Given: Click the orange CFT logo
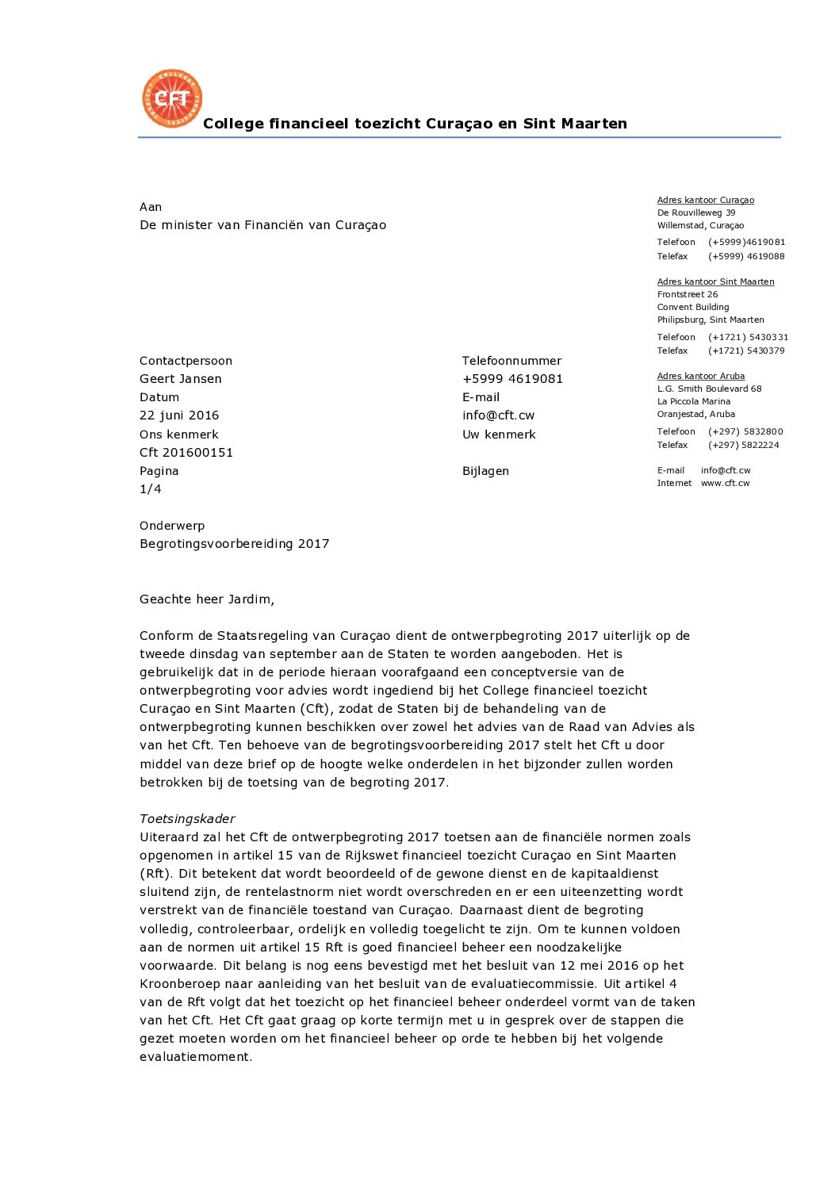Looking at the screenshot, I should (172, 98).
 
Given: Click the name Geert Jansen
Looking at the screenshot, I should (181, 379).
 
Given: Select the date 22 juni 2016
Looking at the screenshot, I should (179, 415).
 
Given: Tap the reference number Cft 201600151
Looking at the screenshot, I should (186, 453).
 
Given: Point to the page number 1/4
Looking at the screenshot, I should (151, 489).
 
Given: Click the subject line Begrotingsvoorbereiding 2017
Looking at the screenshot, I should (234, 544).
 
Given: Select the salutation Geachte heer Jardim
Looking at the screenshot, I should (207, 599).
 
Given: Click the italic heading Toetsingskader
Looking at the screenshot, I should (187, 819).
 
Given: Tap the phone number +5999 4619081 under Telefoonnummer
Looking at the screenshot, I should (512, 379).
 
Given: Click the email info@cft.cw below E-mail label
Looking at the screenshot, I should (498, 415).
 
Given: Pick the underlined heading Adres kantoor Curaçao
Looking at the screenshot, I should (706, 201).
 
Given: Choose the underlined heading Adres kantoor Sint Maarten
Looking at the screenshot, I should (715, 282).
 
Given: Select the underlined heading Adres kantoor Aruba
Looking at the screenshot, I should (701, 377).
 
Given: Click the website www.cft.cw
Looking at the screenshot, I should (725, 484).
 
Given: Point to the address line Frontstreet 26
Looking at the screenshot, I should (688, 295).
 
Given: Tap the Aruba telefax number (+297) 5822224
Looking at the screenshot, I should (744, 446).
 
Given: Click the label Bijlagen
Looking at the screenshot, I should (485, 471).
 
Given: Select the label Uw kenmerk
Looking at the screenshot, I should (499, 435).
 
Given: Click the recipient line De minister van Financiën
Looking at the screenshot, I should (262, 225).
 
